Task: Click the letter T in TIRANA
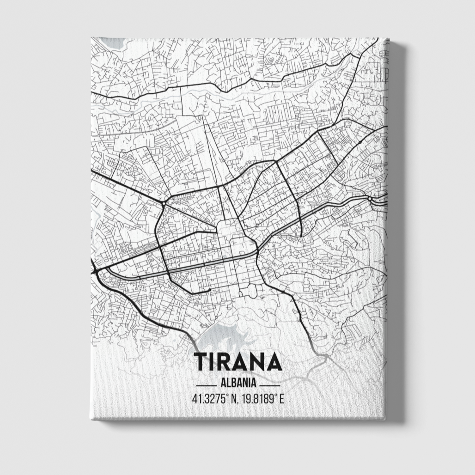pos(201,362)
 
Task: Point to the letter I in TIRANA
pos(213,362)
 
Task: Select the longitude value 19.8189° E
pos(261,398)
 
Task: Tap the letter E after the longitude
pos(281,398)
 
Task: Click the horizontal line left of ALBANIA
pos(206,384)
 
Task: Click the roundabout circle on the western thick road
pos(164,203)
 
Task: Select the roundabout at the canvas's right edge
pos(370,198)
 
